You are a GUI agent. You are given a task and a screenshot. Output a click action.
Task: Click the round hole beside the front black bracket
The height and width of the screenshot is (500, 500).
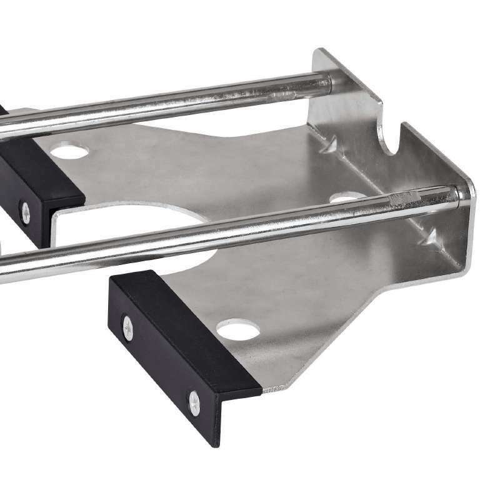coord(238,328)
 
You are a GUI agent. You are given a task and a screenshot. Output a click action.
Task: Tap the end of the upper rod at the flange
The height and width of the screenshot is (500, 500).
coord(326,81)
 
